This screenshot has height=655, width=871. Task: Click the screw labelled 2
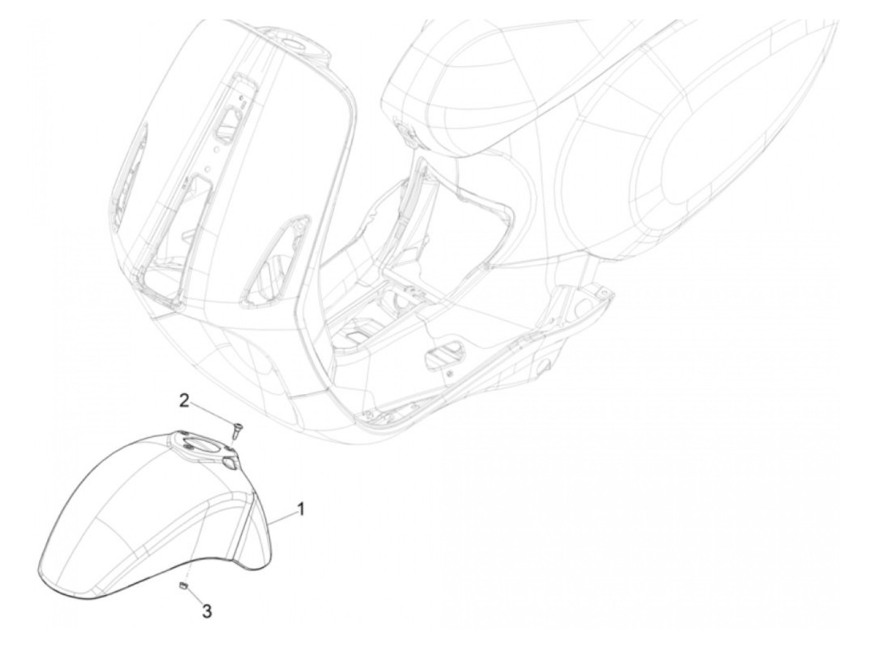pos(237,428)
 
